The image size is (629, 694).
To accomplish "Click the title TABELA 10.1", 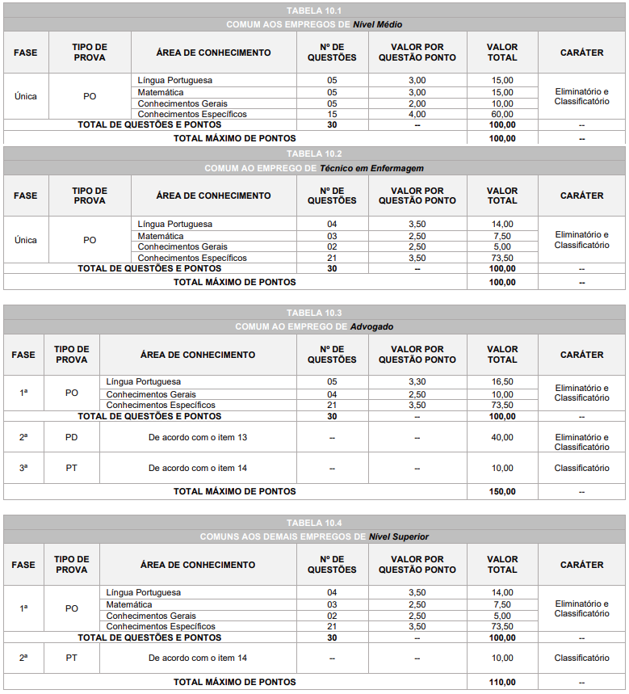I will [x=314, y=11].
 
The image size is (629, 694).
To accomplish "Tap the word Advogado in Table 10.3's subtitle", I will [x=371, y=326].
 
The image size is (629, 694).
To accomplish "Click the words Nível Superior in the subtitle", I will [x=398, y=536].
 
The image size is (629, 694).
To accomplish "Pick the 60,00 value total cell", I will [x=502, y=115].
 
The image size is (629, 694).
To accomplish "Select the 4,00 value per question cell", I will [x=417, y=115].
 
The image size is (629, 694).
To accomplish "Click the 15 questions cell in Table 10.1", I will [x=332, y=115].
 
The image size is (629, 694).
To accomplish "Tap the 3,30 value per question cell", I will [x=417, y=381].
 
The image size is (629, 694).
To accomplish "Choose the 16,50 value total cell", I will [x=502, y=381].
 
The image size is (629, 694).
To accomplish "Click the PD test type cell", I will [x=72, y=437].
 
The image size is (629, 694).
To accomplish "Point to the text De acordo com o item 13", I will [x=198, y=437].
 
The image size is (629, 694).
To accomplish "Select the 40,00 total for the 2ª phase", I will [x=502, y=437].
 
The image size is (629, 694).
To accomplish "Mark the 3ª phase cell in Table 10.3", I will [x=23, y=468].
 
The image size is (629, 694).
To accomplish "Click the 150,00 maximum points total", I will [x=502, y=491].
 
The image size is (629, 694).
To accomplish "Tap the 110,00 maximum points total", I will [x=502, y=682].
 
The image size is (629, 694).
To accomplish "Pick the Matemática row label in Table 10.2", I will [x=161, y=236].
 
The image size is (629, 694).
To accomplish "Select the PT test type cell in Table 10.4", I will [x=72, y=658].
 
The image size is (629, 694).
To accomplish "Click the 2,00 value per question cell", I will [x=417, y=103].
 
